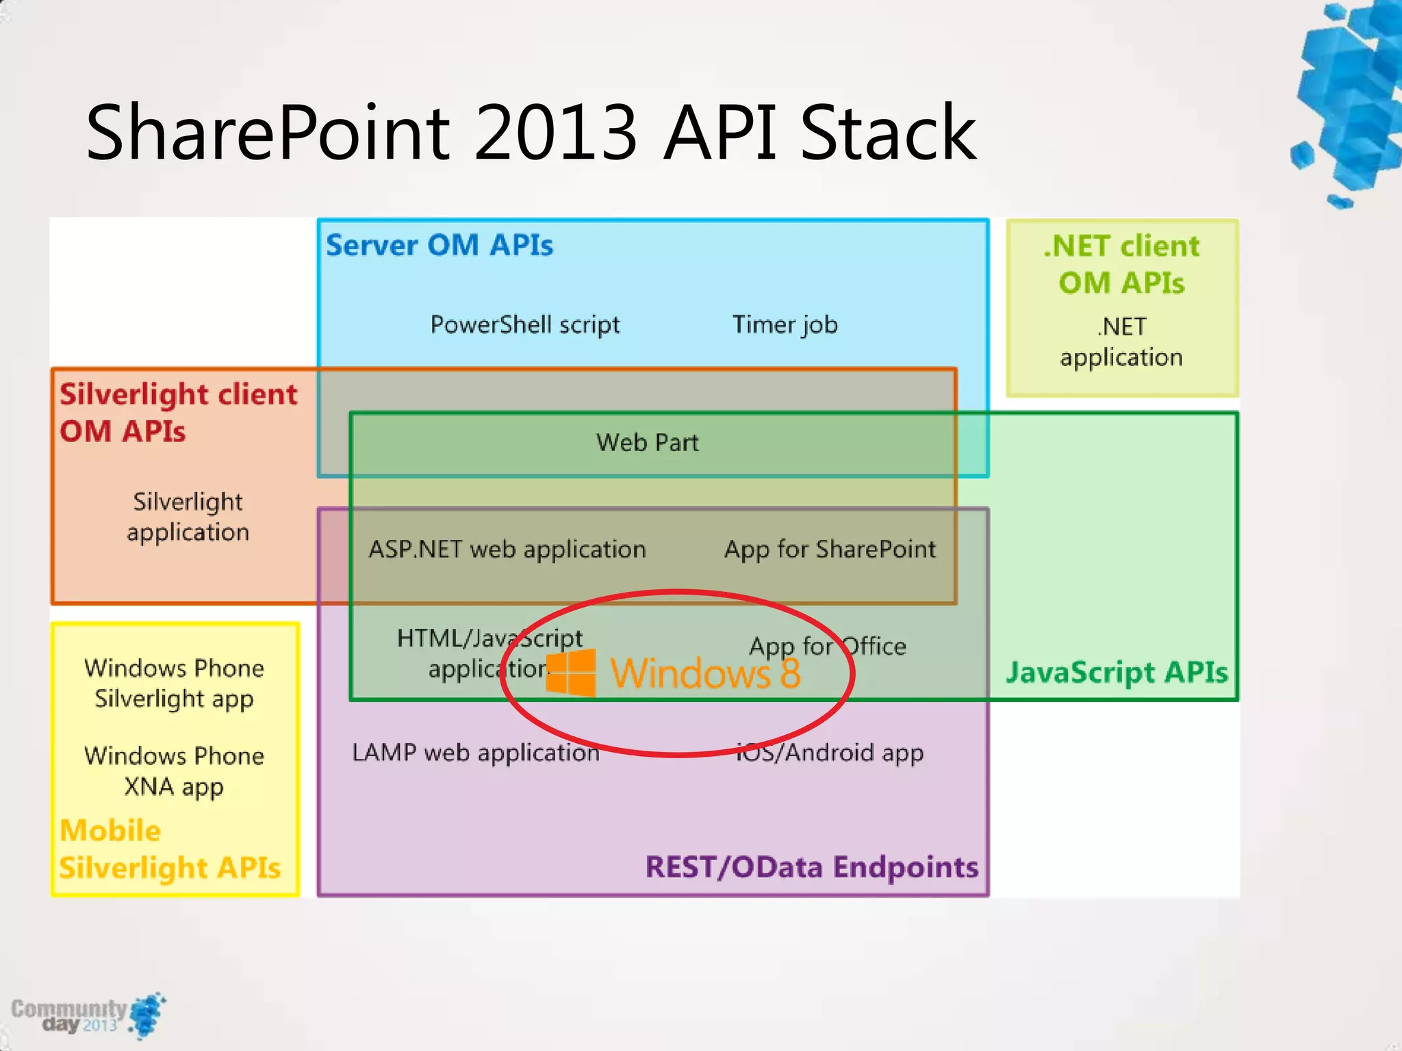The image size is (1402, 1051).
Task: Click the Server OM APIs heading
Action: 439,246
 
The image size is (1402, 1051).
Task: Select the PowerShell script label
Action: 524,325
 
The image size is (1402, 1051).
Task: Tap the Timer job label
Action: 785,325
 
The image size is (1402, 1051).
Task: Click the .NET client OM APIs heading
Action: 1121,264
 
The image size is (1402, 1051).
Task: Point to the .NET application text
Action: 1121,342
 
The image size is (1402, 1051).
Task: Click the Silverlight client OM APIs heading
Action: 178,413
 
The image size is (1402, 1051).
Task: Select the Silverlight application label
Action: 188,517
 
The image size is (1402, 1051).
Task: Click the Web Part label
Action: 647,443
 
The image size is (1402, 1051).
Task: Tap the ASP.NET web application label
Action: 507,549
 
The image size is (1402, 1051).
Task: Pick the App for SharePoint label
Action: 830,549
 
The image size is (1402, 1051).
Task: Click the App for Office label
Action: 828,647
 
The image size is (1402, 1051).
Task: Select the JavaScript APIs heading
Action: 1117,673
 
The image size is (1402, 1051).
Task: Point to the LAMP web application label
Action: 476,753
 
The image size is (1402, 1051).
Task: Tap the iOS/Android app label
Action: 830,753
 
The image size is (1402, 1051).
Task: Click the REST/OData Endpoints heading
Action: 812,867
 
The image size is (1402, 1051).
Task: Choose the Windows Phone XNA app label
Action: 174,771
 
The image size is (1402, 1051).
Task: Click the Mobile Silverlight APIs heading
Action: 170,849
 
